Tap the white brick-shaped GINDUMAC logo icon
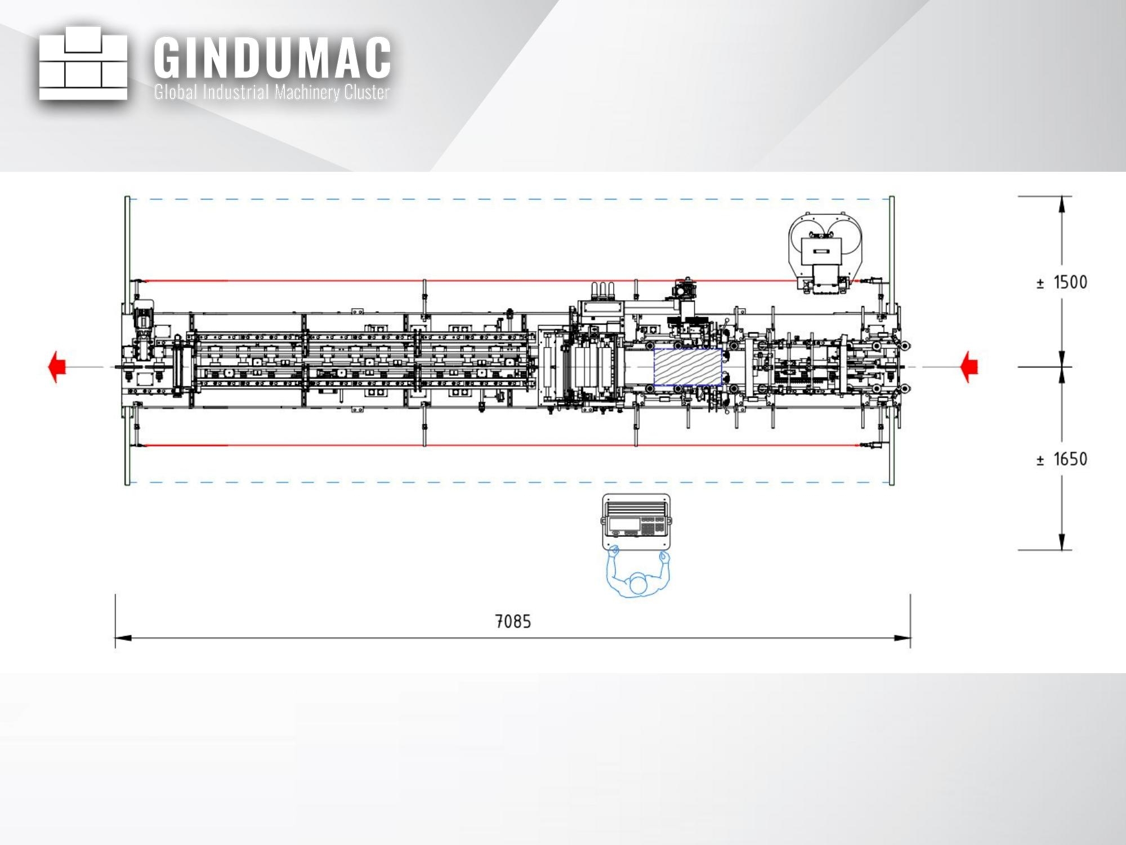point(83,63)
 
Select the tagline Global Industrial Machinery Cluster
point(272,92)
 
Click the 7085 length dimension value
point(513,621)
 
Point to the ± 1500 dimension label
point(1062,283)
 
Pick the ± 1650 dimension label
point(1062,459)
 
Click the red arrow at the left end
point(57,367)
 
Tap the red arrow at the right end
point(969,367)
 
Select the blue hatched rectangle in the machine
point(687,367)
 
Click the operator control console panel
point(637,522)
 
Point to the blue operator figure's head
point(638,584)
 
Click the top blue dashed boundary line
point(507,199)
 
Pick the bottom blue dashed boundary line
point(507,483)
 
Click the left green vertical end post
point(128,340)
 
